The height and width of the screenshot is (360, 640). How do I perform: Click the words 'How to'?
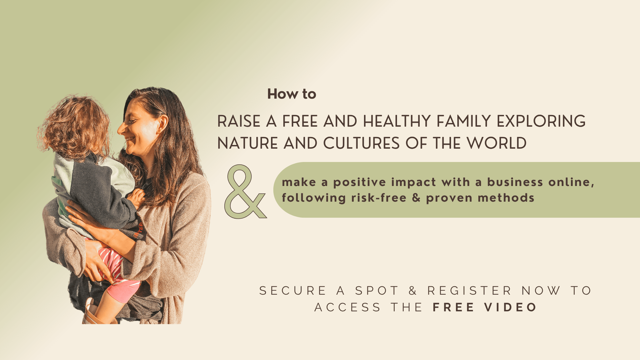click(292, 94)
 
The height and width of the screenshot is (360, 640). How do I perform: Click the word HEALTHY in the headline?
click(397, 121)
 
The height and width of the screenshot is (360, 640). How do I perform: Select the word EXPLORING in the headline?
click(541, 121)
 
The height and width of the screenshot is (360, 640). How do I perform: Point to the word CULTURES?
click(361, 143)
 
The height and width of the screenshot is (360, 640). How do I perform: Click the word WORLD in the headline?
click(496, 143)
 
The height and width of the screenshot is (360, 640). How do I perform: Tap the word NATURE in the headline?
click(248, 143)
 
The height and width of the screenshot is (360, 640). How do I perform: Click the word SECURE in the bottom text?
click(293, 291)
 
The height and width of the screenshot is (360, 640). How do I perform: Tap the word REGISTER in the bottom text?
click(469, 291)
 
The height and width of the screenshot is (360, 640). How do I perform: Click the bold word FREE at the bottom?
click(453, 307)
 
